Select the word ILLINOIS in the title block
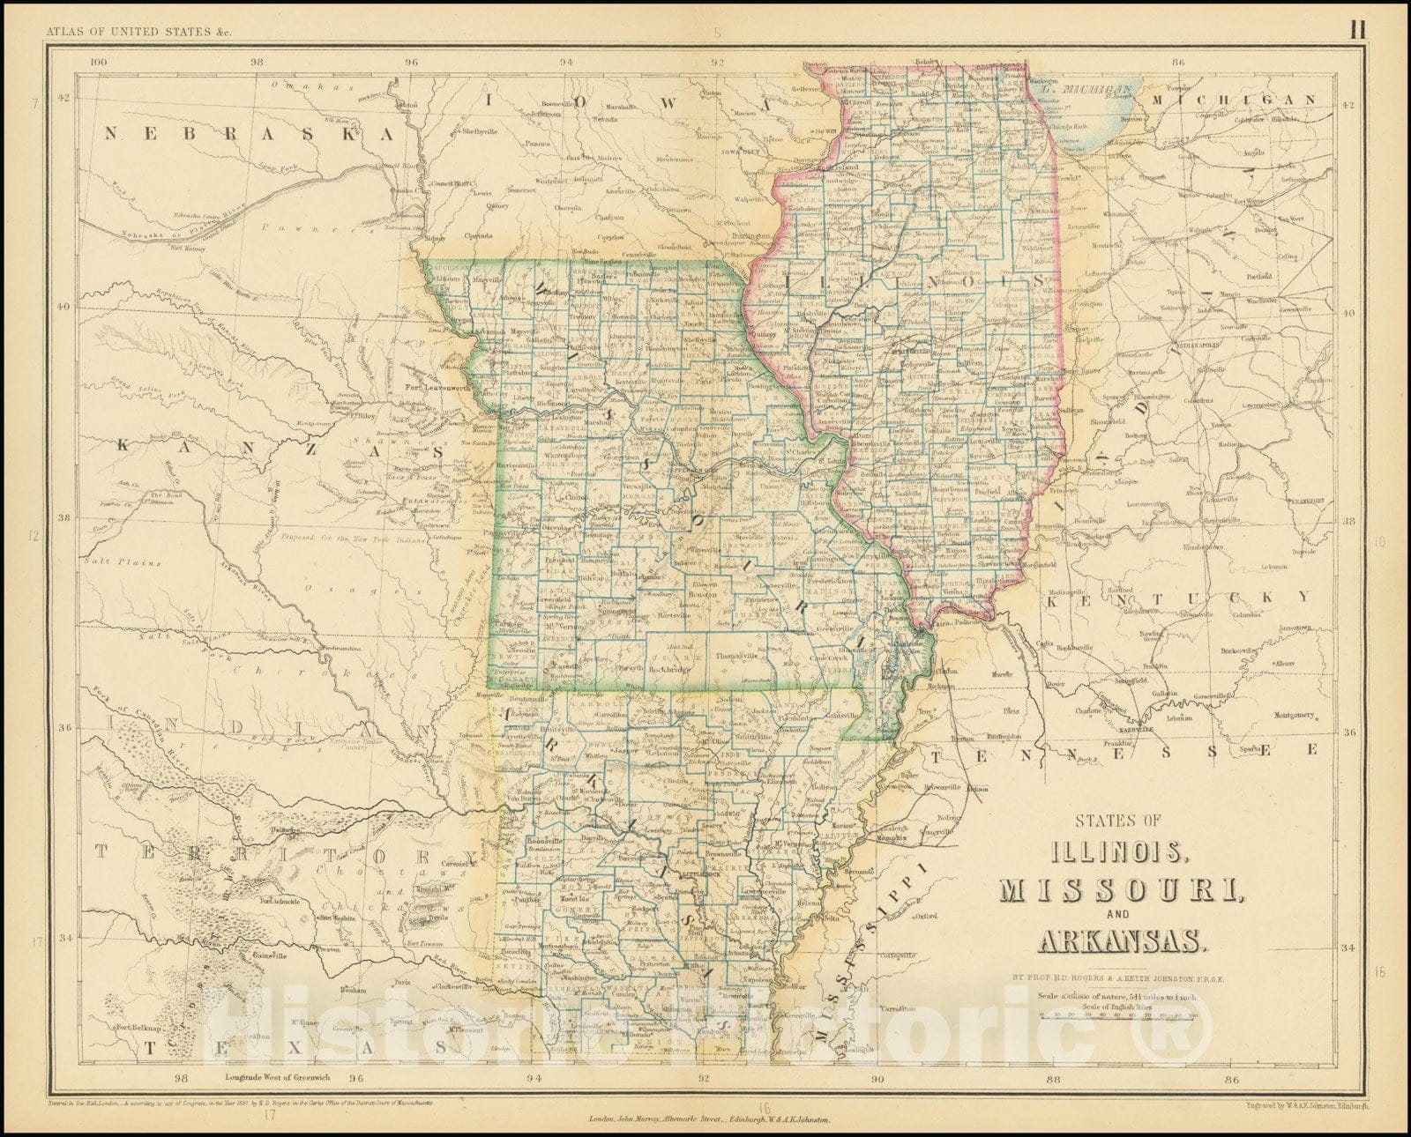pyautogui.click(x=1098, y=854)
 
